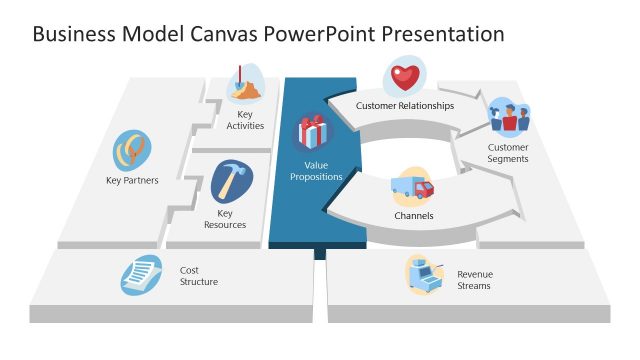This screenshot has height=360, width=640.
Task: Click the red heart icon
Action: point(404,76)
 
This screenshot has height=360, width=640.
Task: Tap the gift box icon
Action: point(312,133)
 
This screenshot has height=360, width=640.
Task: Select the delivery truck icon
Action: point(411,187)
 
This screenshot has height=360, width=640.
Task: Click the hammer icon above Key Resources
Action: point(232,182)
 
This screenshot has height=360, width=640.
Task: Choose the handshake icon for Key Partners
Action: point(132,151)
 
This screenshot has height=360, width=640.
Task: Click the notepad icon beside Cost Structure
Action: point(142,274)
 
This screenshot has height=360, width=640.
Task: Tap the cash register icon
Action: point(423,274)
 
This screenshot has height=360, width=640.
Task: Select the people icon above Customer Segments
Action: point(508,119)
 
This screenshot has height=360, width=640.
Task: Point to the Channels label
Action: point(413,215)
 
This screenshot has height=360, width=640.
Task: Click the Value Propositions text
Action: point(316,171)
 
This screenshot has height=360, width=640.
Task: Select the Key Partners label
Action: point(133,181)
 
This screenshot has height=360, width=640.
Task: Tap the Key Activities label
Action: point(245,120)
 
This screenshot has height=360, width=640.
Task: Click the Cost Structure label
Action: point(198,276)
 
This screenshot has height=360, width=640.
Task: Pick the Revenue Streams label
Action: point(475,280)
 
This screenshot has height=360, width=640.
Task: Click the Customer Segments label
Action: point(508,153)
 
